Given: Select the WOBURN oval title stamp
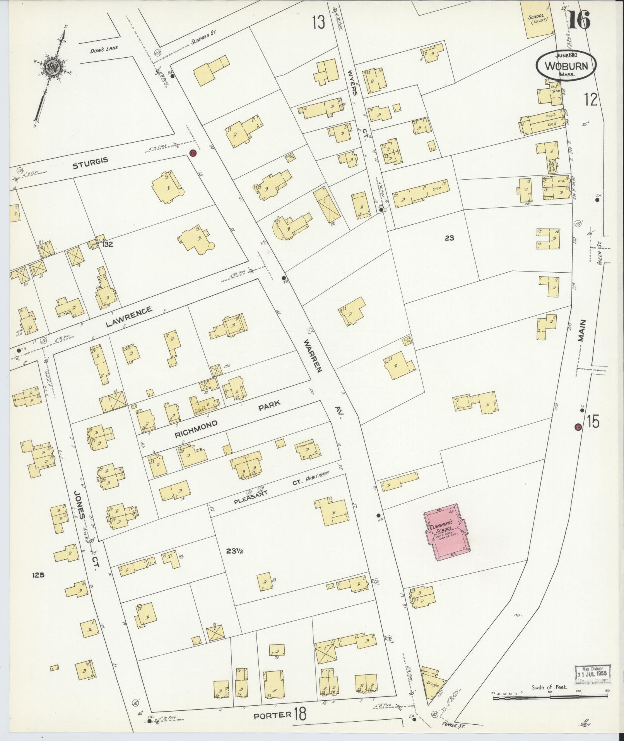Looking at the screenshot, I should [x=566, y=66].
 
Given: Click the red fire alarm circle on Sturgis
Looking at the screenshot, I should [x=193, y=154].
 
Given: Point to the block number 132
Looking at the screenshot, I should [x=108, y=244].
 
